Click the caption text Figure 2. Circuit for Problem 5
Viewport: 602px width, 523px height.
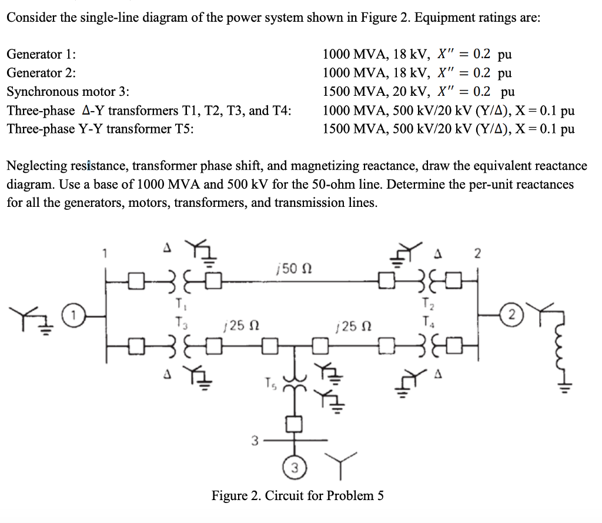(297, 495)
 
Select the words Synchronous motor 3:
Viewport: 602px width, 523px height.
(68, 92)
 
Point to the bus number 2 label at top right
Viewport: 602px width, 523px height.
(477, 254)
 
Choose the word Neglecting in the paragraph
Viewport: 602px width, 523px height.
(36, 166)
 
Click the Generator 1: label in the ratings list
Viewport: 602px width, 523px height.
(41, 55)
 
